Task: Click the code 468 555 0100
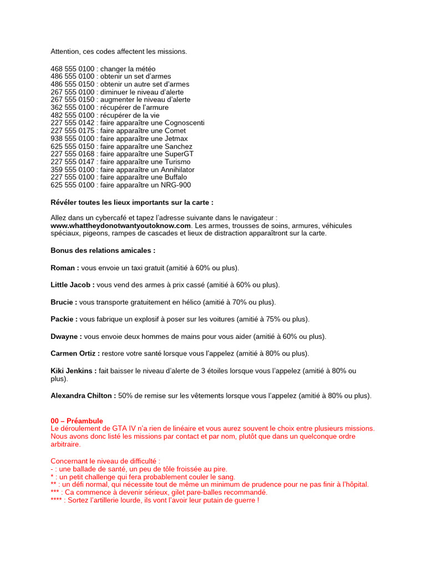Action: (73, 69)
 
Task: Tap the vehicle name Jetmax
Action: (174, 139)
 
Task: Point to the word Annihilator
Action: (177, 170)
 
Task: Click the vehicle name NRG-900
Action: (175, 185)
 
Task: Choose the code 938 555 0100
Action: (73, 139)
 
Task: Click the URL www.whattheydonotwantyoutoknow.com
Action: (120, 226)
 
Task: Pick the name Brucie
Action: (64, 302)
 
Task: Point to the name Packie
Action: (64, 319)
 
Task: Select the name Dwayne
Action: (66, 337)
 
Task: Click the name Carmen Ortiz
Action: (75, 353)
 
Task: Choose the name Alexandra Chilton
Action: (83, 396)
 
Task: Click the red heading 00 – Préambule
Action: (77, 421)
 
